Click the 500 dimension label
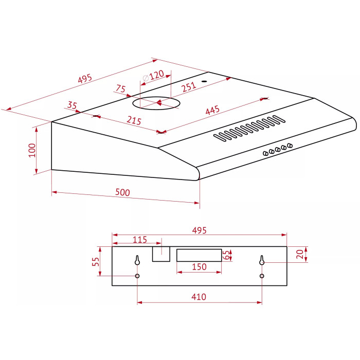pyautogui.click(x=122, y=192)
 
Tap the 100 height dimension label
pyautogui.click(x=32, y=150)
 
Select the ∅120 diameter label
pyautogui.click(x=153, y=76)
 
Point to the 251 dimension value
pyautogui.click(x=189, y=87)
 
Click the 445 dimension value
pyautogui.click(x=212, y=110)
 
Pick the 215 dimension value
pyautogui.click(x=134, y=120)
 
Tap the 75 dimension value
pyautogui.click(x=121, y=88)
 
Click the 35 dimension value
pyautogui.click(x=72, y=105)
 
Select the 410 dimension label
pyautogui.click(x=199, y=297)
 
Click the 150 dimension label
pyautogui.click(x=199, y=267)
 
